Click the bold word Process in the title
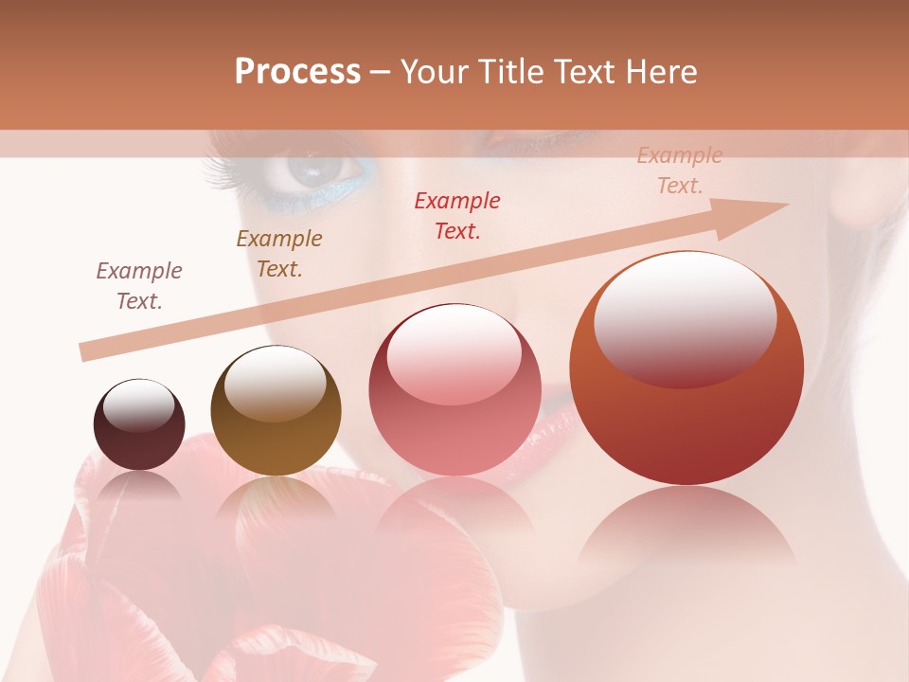[x=297, y=72]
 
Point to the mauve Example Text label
[x=139, y=285]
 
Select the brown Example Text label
[x=279, y=253]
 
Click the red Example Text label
[x=457, y=215]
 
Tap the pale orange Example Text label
[x=680, y=170]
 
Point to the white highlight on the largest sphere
[x=686, y=317]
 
